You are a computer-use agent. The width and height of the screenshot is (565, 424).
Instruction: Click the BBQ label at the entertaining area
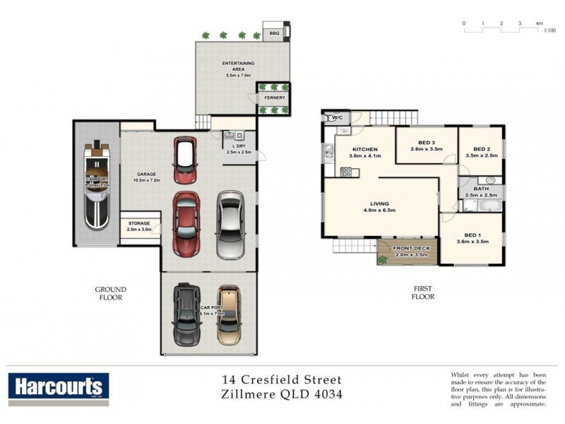pyautogui.click(x=274, y=33)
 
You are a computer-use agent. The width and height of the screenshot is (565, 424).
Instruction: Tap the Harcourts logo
pyautogui.click(x=58, y=387)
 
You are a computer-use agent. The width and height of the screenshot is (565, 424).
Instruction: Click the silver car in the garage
pyautogui.click(x=230, y=225)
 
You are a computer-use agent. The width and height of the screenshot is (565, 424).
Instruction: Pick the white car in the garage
pyautogui.click(x=185, y=160)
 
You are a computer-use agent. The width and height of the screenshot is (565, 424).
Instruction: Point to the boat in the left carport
pyautogui.click(x=96, y=186)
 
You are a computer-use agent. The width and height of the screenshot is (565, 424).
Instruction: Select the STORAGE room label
pyautogui.click(x=138, y=223)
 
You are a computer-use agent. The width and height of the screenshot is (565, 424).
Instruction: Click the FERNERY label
pyautogui.click(x=275, y=98)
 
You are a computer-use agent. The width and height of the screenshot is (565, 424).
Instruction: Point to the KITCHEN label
pyautogui.click(x=364, y=149)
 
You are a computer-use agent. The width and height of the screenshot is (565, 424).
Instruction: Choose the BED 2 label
pyautogui.click(x=482, y=149)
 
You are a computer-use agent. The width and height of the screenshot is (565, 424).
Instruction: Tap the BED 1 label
pyautogui.click(x=473, y=235)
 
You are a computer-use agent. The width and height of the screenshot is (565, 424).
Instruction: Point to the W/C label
pyautogui.click(x=337, y=118)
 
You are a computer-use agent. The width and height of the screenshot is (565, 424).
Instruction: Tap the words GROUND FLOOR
pyautogui.click(x=111, y=293)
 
